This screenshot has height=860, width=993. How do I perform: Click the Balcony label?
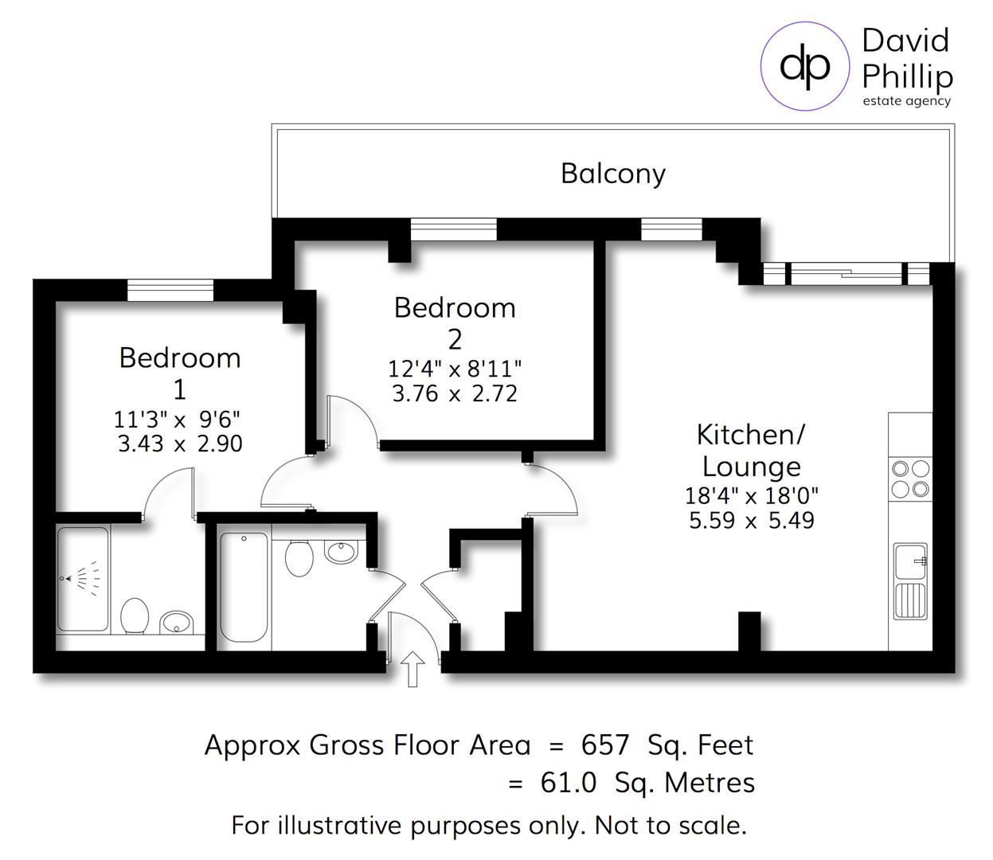coord(612,173)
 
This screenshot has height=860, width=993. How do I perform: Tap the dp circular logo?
coord(804,66)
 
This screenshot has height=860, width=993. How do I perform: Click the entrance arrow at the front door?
coord(413,668)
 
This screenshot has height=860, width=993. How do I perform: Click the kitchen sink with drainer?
coord(909,581)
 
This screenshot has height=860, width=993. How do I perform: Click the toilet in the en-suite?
coord(135,616)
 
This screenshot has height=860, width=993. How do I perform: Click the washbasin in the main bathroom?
coord(341,551)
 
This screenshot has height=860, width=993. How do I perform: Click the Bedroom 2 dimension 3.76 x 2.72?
coord(455,393)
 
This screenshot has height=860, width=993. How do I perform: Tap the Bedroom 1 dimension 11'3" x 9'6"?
coord(176,418)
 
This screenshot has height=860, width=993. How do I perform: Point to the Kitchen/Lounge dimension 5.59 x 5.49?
coord(751,521)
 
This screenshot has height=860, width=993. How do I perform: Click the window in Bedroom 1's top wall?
coord(170,290)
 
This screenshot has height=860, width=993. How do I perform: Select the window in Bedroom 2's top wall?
coord(453,229)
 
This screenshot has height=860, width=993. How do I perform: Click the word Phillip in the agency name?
coord(907,76)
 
